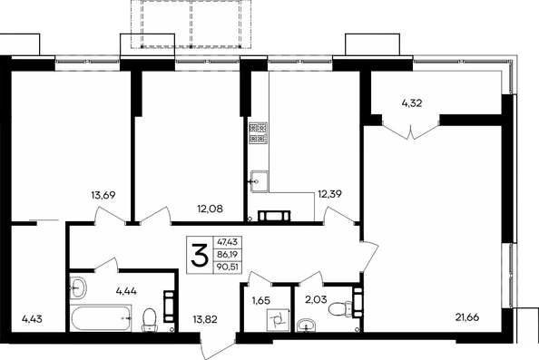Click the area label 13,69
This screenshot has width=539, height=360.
103,196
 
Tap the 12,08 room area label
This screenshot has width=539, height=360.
210,209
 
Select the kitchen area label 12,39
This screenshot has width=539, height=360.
329,194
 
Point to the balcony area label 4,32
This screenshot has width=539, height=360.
412,103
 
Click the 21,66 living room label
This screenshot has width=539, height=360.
467,317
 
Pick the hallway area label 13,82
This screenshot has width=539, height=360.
205,319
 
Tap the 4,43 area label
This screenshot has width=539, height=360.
32,319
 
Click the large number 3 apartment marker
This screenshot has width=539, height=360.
200,255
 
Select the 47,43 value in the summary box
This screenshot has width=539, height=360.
228,242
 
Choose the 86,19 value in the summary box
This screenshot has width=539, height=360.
228,255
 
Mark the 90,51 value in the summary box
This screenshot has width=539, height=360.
228,267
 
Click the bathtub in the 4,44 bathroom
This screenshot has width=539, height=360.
101,317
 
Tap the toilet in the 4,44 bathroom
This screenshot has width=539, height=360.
149,320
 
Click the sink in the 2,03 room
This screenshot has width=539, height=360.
307,326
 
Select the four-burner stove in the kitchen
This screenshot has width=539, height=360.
258,133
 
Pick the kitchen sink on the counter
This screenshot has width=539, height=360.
259,181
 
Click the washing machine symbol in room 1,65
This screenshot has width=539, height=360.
278,320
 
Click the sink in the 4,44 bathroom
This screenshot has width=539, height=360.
78,287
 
